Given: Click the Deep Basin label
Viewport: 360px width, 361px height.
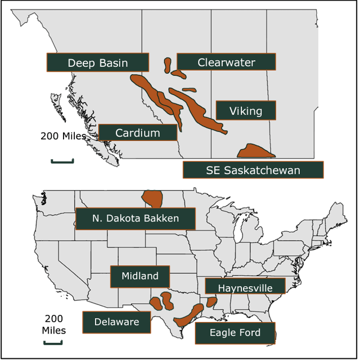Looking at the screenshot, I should (x=98, y=62).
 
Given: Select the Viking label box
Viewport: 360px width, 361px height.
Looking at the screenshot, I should (x=246, y=111).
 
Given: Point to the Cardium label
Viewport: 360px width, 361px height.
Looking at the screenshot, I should (x=138, y=133).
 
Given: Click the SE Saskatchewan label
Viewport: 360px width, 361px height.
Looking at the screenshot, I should (x=253, y=170).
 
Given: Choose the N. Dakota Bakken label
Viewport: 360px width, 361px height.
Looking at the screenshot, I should (x=135, y=218).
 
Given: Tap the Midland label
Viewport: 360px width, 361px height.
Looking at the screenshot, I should (x=139, y=276).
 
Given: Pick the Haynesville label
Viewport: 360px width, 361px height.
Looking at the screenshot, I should (x=245, y=288).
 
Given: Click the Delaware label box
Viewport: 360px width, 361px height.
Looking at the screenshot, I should (x=116, y=322).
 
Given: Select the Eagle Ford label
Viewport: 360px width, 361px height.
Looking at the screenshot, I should (x=235, y=333).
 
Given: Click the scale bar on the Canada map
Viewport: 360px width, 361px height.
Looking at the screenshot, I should (x=62, y=162).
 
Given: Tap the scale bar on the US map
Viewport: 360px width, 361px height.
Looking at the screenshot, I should (x=53, y=341).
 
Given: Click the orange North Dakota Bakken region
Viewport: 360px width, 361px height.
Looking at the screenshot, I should (x=152, y=198).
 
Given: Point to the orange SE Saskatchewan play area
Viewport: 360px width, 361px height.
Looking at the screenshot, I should (x=255, y=151).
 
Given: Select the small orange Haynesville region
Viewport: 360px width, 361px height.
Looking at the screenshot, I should (x=211, y=302).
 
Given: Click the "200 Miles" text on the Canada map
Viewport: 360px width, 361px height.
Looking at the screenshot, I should (x=63, y=136).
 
